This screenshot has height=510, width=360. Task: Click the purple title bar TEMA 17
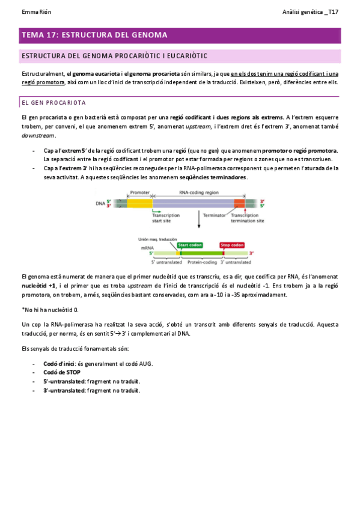[x=180, y=35]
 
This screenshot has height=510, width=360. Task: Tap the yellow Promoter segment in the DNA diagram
[x=139, y=204]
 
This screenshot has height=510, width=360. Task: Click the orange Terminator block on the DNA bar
[x=239, y=204]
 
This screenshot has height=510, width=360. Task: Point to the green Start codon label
[x=191, y=245]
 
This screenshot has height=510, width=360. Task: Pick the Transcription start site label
[x=166, y=217]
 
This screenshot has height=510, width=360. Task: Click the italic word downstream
[x=39, y=135]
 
